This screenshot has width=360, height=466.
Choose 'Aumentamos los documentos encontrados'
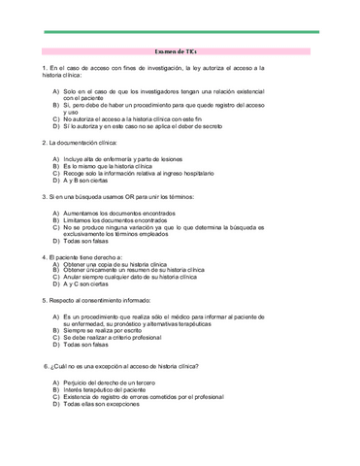tap(121, 213)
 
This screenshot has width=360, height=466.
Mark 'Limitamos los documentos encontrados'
tap(120, 220)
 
